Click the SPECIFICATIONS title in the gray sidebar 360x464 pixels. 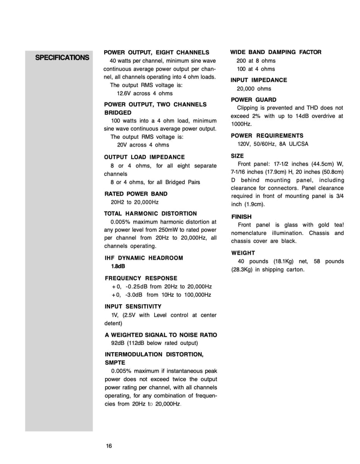point(62,58)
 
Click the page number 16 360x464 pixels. point(109,446)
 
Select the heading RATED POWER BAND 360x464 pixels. point(136,194)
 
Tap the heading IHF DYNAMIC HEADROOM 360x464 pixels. point(144,258)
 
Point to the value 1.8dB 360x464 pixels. point(118,266)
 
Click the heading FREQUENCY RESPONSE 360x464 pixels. point(141,278)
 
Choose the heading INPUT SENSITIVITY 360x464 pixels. point(133,306)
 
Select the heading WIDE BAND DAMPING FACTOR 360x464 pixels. point(276,52)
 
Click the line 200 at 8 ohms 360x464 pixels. point(256,61)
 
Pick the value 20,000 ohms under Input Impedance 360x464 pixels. point(254,89)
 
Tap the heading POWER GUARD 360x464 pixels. point(253,100)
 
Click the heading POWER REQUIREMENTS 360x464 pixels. point(267,136)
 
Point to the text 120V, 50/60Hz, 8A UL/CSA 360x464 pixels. point(273,144)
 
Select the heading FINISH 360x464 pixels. point(241,217)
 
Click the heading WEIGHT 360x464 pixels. point(243,253)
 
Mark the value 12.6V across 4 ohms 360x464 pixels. point(144,93)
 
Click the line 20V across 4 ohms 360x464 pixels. point(143,145)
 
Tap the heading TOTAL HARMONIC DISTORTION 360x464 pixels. point(150,213)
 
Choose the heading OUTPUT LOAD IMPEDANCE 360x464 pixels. point(144,157)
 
